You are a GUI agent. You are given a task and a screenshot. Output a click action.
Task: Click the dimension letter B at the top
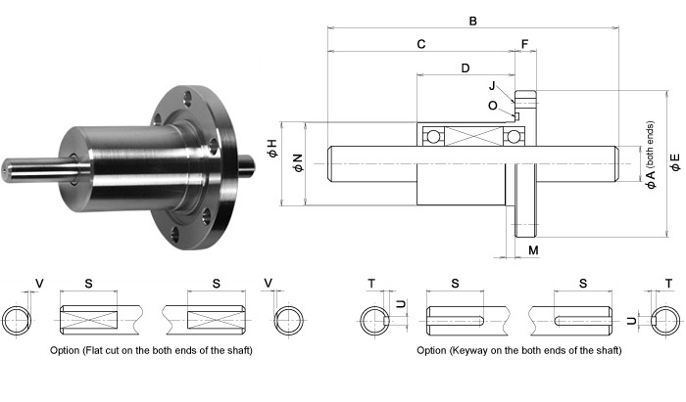(x=472, y=19)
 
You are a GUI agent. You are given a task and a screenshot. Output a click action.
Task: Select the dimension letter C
(x=420, y=44)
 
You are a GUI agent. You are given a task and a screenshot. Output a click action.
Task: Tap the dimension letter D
(x=465, y=68)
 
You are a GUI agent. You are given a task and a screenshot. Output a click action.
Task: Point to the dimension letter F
(x=524, y=44)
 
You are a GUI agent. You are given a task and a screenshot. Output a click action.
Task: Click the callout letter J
(x=492, y=86)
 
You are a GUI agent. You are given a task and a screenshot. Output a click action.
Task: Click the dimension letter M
(x=532, y=251)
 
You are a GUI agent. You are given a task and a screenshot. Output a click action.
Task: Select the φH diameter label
(x=271, y=149)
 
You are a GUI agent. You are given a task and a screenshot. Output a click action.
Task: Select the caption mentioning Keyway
(x=518, y=350)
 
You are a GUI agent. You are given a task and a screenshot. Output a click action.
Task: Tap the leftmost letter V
(x=39, y=284)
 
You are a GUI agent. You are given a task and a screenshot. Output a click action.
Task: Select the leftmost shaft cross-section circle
(x=19, y=320)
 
